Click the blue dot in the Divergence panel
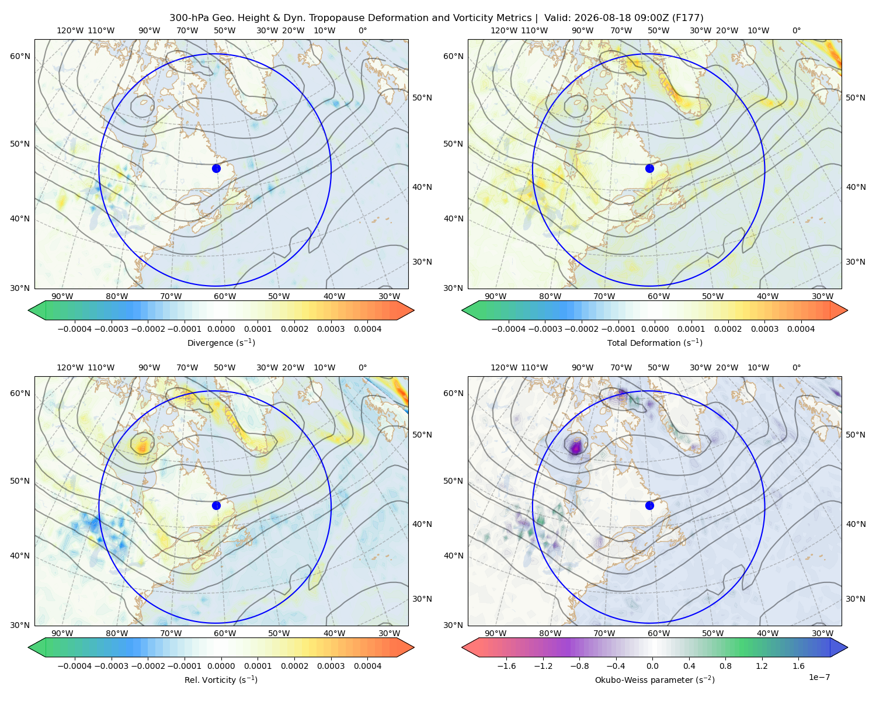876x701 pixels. [x=216, y=168]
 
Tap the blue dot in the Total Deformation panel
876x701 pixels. [x=649, y=168]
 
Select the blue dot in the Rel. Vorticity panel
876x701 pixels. [x=216, y=505]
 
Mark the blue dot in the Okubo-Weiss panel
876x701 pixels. [x=649, y=505]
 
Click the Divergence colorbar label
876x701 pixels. [x=221, y=342]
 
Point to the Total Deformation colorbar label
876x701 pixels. [x=655, y=342]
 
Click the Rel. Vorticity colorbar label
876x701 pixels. [x=221, y=679]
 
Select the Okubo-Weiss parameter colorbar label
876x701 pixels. [x=655, y=679]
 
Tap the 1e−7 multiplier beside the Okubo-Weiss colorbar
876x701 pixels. [x=819, y=677]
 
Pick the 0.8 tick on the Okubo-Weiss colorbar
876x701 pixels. [x=725, y=665]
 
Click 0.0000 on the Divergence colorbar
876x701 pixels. [x=221, y=329]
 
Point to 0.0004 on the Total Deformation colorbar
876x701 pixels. [x=801, y=329]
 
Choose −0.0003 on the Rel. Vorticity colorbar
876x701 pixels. [x=111, y=665]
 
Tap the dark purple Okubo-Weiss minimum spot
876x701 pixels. [x=575, y=447]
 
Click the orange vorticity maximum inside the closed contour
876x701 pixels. [x=142, y=447]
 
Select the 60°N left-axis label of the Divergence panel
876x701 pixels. [x=20, y=56]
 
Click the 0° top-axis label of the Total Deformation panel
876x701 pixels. [x=796, y=30]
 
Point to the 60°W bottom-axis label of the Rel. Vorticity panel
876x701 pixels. [x=225, y=633]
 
